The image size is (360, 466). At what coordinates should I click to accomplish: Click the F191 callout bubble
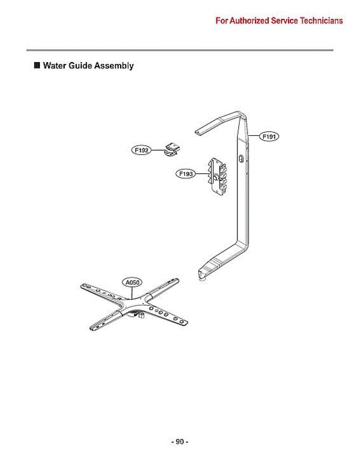tap(269, 136)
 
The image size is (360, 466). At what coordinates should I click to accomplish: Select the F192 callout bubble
tap(141, 150)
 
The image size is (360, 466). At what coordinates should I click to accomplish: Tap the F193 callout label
tap(186, 174)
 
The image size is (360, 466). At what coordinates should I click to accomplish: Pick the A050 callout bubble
tap(132, 282)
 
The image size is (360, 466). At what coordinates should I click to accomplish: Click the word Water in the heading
tap(54, 66)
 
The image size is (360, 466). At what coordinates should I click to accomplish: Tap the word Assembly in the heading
tap(114, 66)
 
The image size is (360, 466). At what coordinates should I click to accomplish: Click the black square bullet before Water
tap(37, 65)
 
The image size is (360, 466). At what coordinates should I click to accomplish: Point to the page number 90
tap(180, 442)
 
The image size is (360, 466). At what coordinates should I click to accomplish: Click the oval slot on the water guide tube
tap(241, 159)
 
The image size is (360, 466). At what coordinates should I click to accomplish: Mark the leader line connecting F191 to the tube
tap(254, 136)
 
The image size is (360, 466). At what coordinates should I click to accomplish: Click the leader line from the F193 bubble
tap(202, 174)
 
